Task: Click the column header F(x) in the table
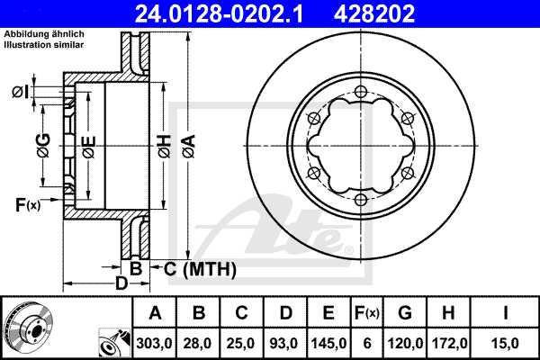(366, 313)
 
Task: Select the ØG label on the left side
(42, 142)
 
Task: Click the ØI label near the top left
(19, 91)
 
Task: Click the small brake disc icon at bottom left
(29, 328)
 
